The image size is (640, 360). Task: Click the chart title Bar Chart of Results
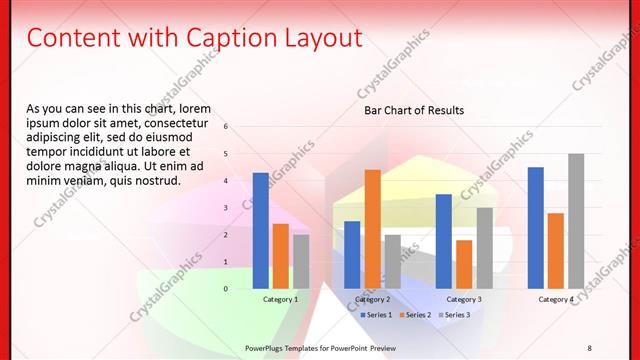413,110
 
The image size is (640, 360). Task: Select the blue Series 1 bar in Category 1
260,231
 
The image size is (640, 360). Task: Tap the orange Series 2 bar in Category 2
372,229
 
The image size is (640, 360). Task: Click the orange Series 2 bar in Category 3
464,264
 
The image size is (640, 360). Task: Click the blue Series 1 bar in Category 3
444,241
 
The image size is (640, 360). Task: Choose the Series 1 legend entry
374,315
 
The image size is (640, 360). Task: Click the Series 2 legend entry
416,315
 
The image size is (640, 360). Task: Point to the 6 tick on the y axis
226,127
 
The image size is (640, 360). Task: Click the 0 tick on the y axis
226,289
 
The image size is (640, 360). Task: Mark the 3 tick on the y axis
226,208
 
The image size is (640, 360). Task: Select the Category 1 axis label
280,299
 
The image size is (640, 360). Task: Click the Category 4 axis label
556,299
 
